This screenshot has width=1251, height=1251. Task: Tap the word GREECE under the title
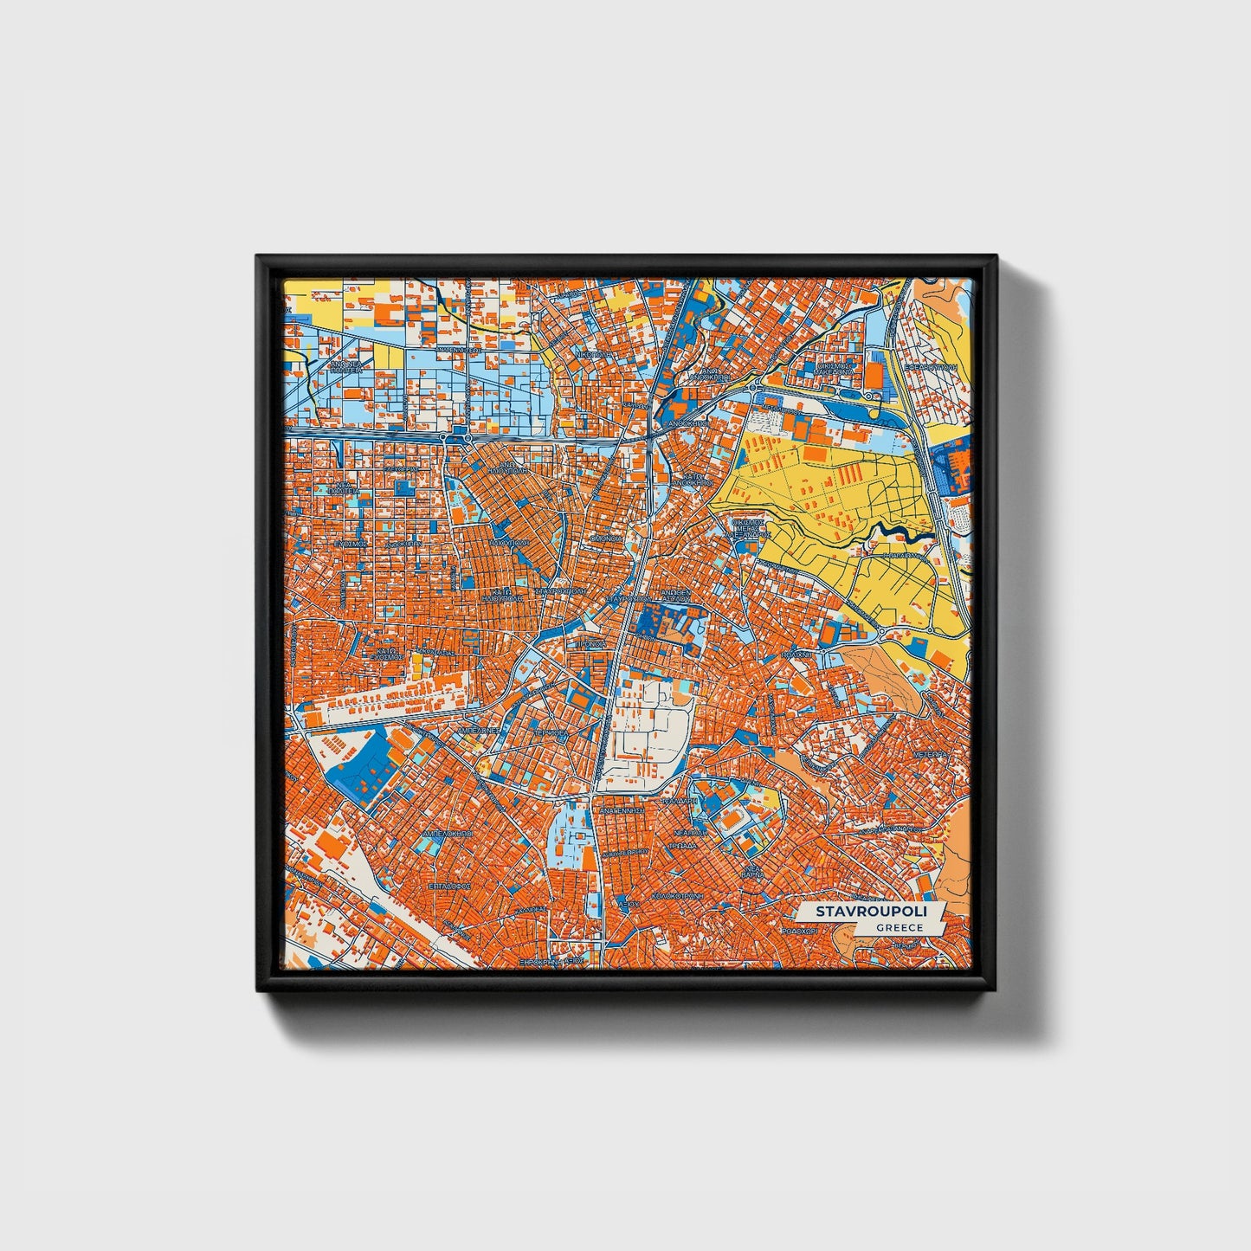tap(899, 927)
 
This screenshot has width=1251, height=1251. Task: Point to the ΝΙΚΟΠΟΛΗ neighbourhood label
tap(596, 355)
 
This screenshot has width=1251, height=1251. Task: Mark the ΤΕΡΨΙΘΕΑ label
tap(551, 732)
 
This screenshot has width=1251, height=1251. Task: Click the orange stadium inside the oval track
tap(733, 816)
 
